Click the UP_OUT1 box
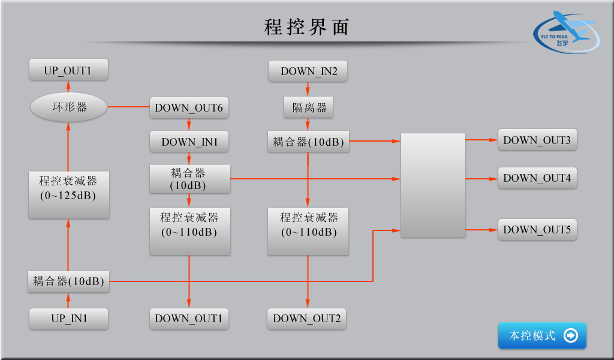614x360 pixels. (68, 70)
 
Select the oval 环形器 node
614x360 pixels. (68, 107)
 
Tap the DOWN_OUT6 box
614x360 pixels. (189, 108)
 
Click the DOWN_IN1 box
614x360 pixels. (189, 142)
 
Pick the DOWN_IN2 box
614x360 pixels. (309, 71)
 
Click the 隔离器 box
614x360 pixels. (309, 107)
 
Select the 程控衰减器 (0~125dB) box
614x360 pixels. (68, 188)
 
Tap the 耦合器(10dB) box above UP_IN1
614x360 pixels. (68, 281)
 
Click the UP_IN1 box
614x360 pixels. (68, 319)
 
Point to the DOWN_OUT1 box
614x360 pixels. (189, 319)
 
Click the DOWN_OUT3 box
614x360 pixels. (537, 140)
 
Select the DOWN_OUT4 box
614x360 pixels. (537, 178)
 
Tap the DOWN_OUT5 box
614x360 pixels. (537, 229)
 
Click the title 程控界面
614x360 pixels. (306, 27)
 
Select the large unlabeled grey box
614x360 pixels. (433, 185)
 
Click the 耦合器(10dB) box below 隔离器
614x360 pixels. (308, 142)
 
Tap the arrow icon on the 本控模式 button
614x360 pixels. (571, 335)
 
